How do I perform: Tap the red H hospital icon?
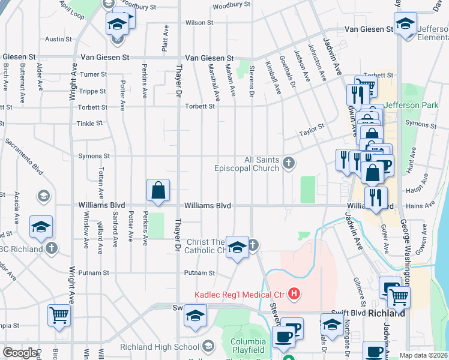pos(294,293)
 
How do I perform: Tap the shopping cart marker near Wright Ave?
pos(59,315)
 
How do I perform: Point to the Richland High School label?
pos(160,346)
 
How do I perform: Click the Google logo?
pos(20,353)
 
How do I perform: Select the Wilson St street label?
pos(195,22)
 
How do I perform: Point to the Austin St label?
pos(59,39)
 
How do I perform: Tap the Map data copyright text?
pos(423,355)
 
